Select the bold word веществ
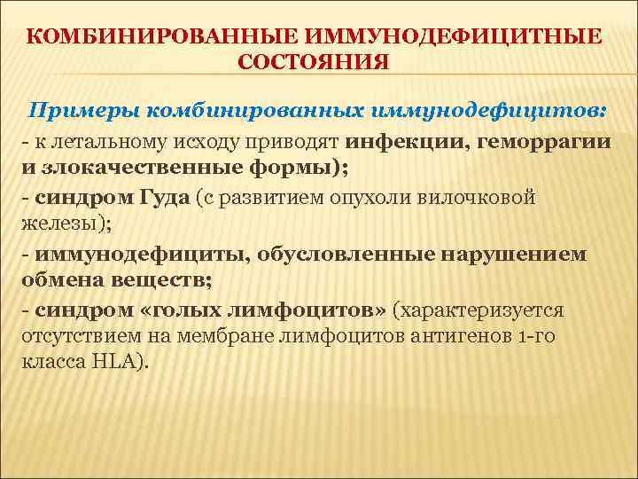coord(152,282)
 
